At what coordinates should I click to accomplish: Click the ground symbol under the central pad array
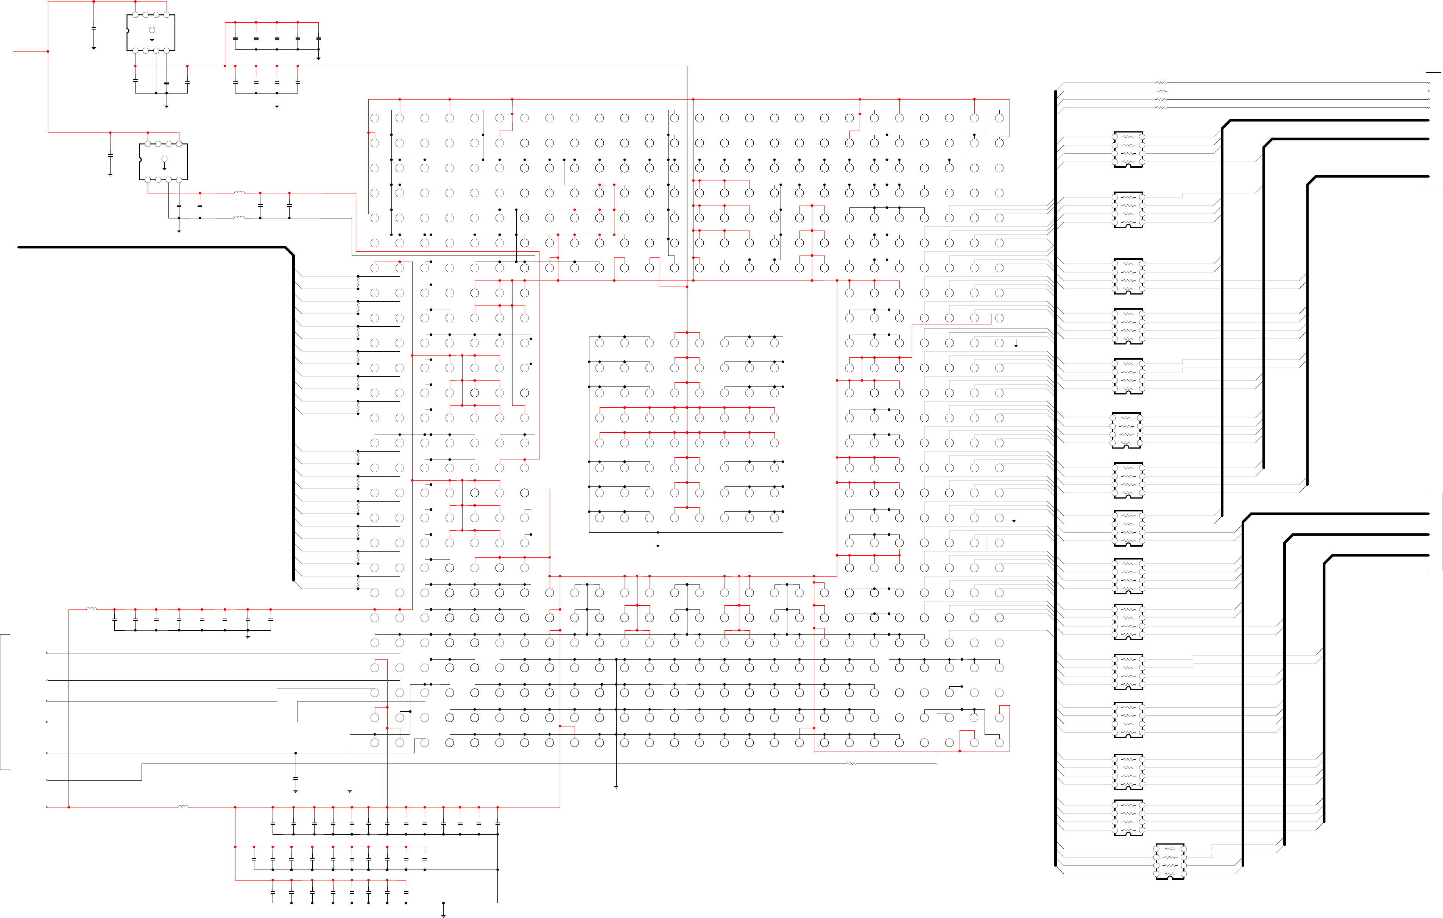point(658,545)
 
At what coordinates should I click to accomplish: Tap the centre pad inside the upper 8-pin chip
point(152,30)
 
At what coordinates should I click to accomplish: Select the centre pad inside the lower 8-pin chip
point(164,159)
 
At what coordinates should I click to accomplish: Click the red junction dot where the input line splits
point(48,51)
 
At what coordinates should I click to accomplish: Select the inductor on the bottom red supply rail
point(183,807)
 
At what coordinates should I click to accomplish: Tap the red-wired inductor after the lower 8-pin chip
point(239,192)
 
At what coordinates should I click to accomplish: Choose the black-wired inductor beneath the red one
point(239,218)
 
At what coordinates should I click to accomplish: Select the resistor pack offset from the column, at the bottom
point(1170,861)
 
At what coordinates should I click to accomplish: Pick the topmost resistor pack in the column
point(1128,149)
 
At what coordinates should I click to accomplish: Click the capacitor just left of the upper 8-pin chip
point(93,28)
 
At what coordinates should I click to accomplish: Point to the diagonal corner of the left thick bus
point(290,251)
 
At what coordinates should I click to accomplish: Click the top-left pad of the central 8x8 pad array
point(599,343)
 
